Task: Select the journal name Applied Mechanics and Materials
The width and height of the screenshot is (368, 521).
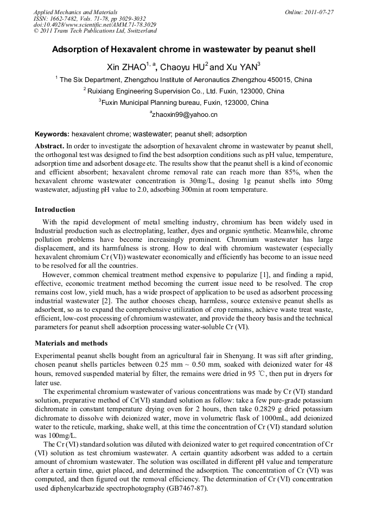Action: (x=75, y=11)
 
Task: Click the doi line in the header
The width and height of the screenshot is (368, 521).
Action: (x=95, y=24)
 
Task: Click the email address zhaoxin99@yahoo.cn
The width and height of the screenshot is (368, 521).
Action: (x=185, y=115)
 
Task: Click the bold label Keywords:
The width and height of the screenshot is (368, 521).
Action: (x=52, y=134)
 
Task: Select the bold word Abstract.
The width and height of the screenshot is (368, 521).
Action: (x=49, y=146)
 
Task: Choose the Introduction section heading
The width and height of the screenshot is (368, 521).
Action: (x=55, y=209)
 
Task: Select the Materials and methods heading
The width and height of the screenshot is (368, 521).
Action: (x=71, y=343)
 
